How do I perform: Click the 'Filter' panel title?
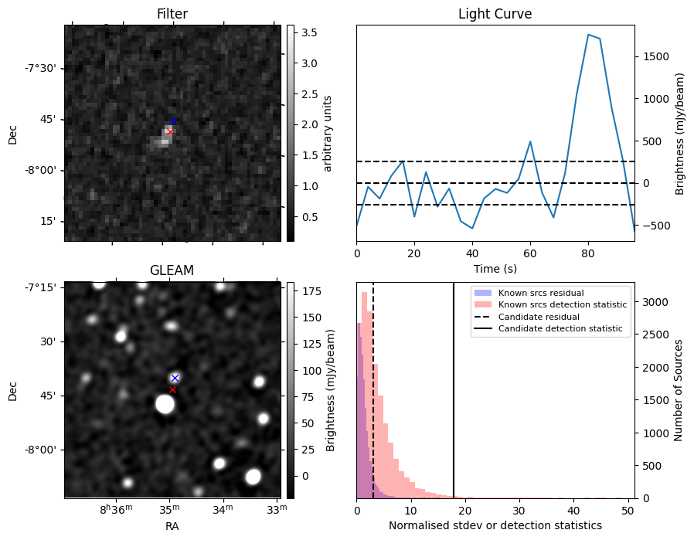[x=172, y=14]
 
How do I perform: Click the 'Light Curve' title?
[x=495, y=14]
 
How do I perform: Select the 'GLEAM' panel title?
[x=172, y=270]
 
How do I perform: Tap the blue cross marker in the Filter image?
[x=174, y=121]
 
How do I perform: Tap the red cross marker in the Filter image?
[x=169, y=131]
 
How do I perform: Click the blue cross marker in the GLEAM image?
[x=175, y=378]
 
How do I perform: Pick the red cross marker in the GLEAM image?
[x=172, y=389]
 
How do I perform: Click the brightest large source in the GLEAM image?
[x=164, y=403]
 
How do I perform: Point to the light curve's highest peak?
[x=589, y=35]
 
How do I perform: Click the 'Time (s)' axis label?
[x=495, y=269]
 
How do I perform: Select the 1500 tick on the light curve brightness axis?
[x=651, y=56]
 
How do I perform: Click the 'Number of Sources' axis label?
[x=679, y=389]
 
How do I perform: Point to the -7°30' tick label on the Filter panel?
[x=39, y=68]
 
